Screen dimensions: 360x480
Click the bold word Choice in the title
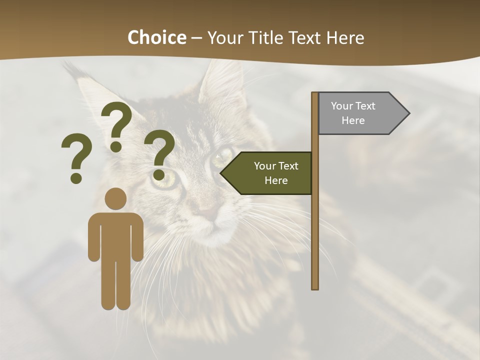[156, 38]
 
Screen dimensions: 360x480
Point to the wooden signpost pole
[315, 225]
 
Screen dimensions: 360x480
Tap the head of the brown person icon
[116, 199]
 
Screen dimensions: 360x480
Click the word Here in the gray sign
[353, 120]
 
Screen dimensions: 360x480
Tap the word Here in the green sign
[276, 180]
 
